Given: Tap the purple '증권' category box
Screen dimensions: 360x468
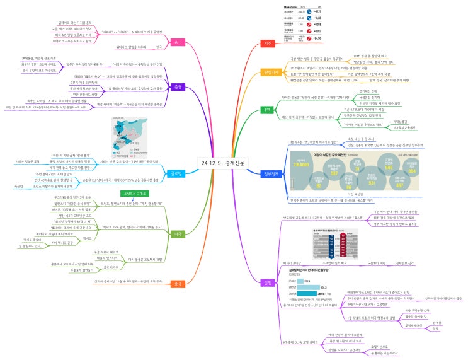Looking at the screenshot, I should coord(178,86).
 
